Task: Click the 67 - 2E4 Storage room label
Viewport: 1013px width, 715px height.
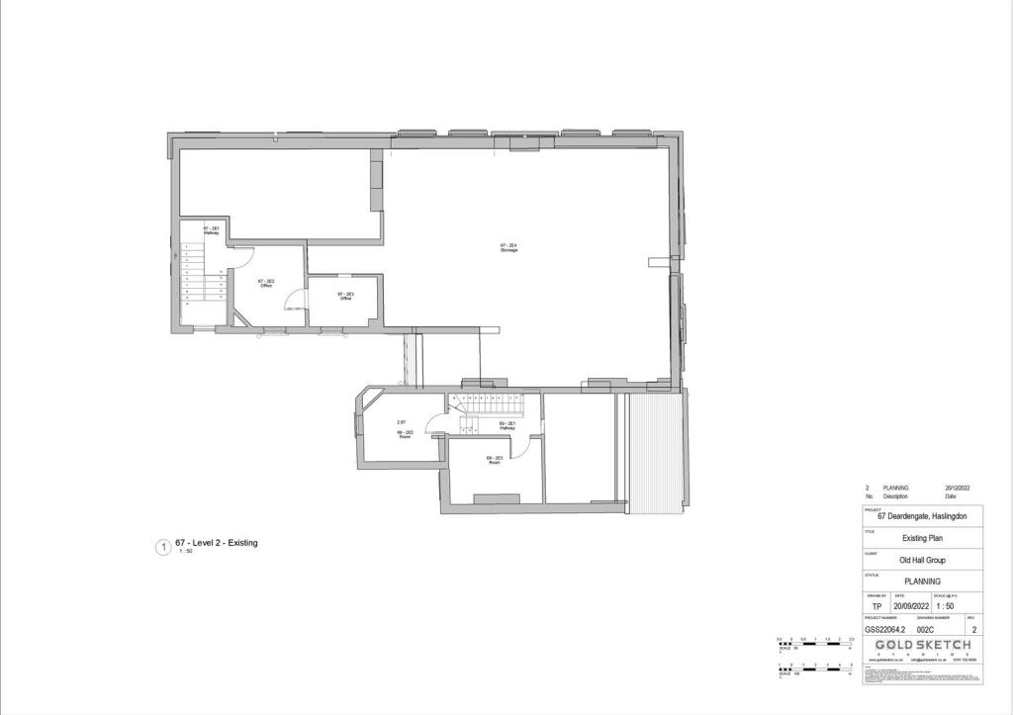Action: tap(509, 247)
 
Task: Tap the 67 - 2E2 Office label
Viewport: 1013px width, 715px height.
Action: tap(266, 284)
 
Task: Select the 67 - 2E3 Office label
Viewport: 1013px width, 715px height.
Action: tap(345, 296)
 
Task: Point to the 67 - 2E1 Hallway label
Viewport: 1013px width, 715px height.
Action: tap(211, 230)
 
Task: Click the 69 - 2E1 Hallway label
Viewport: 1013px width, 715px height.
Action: tap(507, 425)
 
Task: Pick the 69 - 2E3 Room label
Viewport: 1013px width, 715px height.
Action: tap(494, 460)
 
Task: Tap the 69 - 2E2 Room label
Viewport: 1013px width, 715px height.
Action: tap(405, 434)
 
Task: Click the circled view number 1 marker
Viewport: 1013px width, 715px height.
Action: tap(163, 547)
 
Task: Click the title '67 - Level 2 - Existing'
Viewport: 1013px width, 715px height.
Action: tap(216, 543)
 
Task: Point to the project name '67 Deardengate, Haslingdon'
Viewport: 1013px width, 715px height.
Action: tap(923, 516)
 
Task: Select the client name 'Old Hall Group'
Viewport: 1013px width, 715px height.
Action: tap(923, 560)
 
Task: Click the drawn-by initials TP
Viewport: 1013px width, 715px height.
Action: tap(876, 606)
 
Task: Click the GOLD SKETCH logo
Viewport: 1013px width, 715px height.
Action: tap(923, 645)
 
